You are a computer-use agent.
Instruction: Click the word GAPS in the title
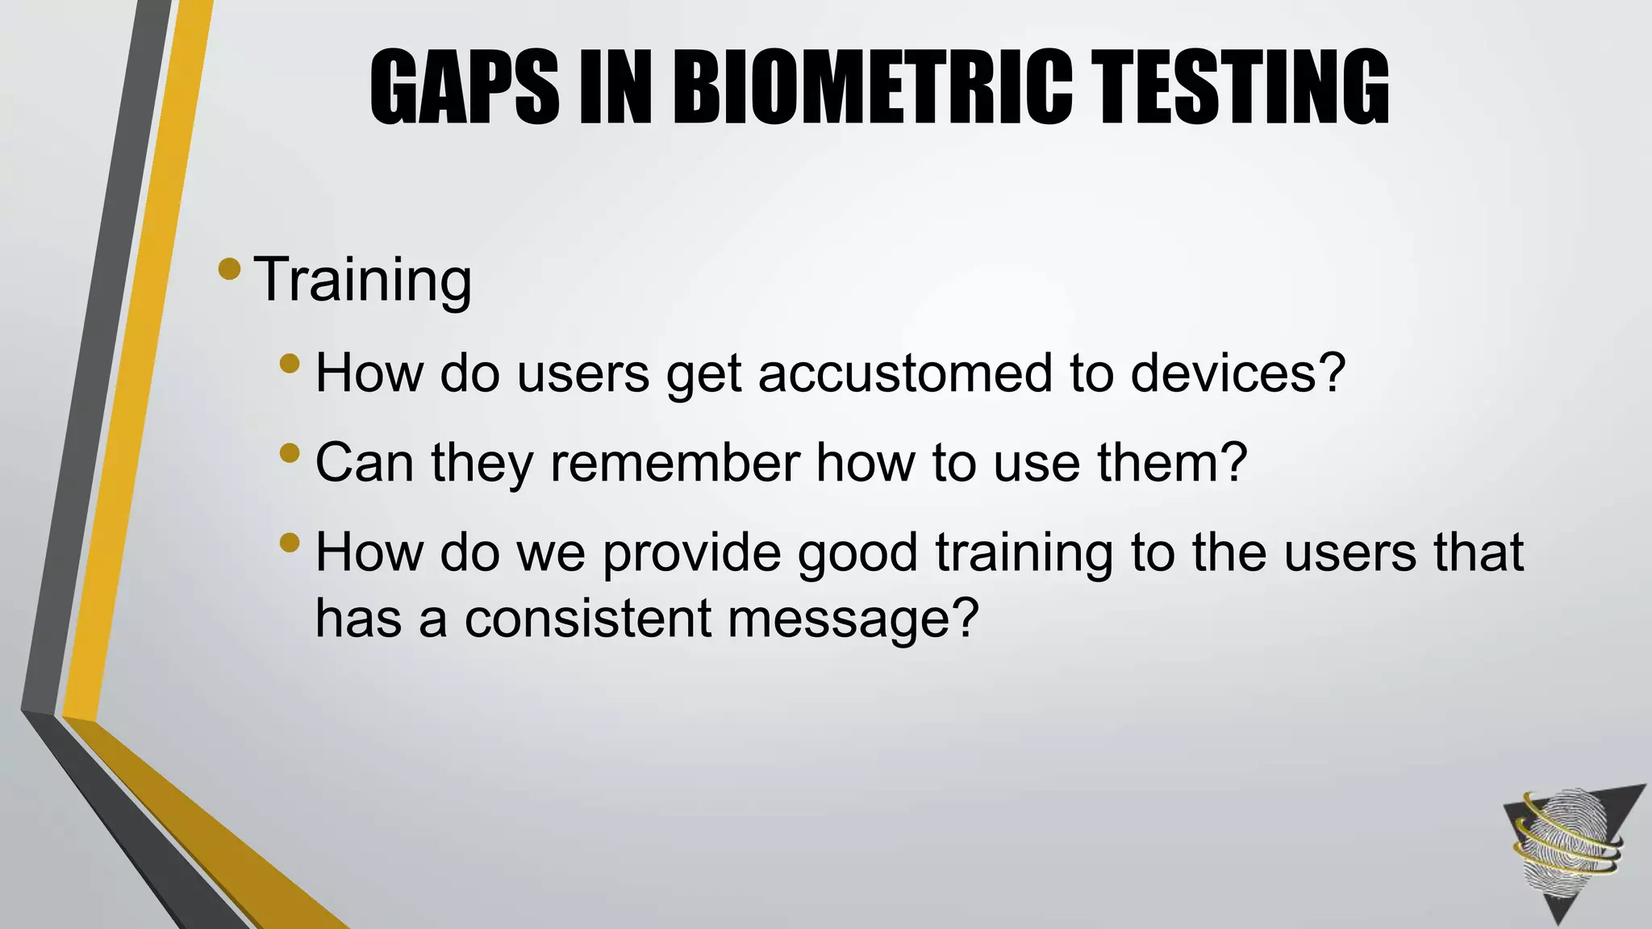pyautogui.click(x=464, y=87)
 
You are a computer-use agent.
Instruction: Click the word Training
pyautogui.click(x=362, y=280)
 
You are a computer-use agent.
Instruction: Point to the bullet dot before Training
pyautogui.click(x=229, y=269)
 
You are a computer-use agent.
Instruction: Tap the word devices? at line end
pyautogui.click(x=1237, y=373)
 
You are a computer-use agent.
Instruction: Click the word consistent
pyautogui.click(x=587, y=619)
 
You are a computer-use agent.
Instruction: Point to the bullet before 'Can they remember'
pyautogui.click(x=290, y=454)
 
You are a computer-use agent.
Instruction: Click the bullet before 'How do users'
pyautogui.click(x=290, y=365)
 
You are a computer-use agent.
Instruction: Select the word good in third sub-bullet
pyautogui.click(x=857, y=554)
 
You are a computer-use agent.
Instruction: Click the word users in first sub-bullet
pyautogui.click(x=582, y=373)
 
